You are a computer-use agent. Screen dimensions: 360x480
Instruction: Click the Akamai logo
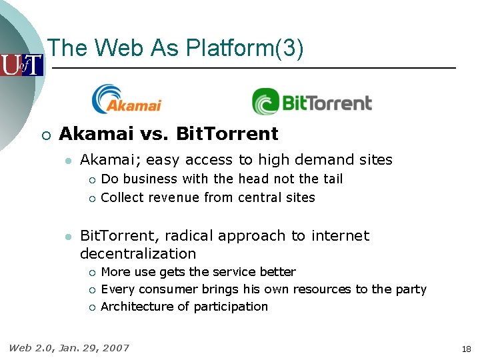pos(127,99)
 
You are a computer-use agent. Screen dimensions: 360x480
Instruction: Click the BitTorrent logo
pos(311,102)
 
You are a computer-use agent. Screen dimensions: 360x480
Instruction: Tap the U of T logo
pos(21,65)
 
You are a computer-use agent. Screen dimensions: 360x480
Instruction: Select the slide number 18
pos(465,349)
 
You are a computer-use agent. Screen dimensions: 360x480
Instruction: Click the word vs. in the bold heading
pos(156,134)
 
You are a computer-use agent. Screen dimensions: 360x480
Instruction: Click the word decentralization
pos(138,253)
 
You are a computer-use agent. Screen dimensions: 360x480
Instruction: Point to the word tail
pos(331,179)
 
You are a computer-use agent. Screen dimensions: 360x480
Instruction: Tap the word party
pos(409,289)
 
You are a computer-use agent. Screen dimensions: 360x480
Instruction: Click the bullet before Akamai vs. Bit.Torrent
pos(45,135)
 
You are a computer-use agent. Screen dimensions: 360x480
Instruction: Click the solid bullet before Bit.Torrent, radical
pos(67,236)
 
